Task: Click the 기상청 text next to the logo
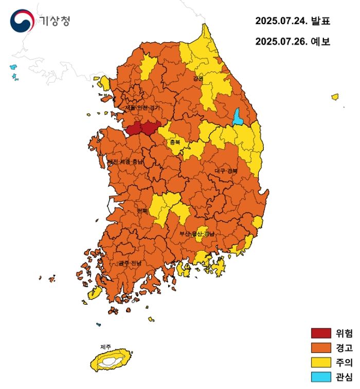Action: tap(54, 21)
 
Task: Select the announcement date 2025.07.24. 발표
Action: tap(292, 21)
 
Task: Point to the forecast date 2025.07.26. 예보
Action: tap(292, 42)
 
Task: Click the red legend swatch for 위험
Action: tap(321, 334)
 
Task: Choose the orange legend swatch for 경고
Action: tap(321, 348)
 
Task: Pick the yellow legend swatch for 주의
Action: tap(321, 362)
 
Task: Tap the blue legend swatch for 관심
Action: tap(321, 377)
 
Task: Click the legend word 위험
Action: tap(344, 334)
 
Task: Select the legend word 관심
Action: tap(344, 377)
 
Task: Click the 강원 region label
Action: tap(198, 79)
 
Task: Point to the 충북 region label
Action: tap(175, 142)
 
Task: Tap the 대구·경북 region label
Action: tap(226, 170)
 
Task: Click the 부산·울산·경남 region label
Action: tap(196, 234)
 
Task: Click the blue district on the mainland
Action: tap(238, 118)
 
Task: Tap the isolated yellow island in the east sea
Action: tap(335, 97)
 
